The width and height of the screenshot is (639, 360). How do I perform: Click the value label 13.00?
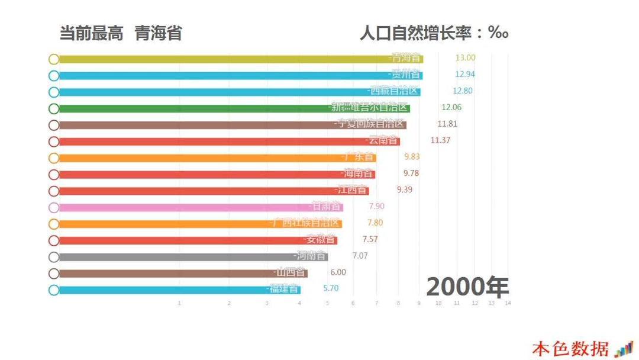(x=465, y=58)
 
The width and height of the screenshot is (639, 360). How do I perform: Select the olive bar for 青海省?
(x=225, y=59)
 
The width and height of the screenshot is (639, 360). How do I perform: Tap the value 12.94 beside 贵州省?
(x=464, y=75)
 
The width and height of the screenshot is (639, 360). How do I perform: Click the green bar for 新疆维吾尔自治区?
(x=195, y=108)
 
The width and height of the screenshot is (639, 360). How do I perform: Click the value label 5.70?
(x=331, y=288)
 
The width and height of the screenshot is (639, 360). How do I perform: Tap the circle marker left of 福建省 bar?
(x=54, y=290)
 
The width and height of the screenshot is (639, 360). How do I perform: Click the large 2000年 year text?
(x=467, y=287)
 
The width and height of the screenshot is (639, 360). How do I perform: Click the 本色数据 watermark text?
(x=570, y=348)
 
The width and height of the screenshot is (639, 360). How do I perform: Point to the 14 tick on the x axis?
(x=508, y=303)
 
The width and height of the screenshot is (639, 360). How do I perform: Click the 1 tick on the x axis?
(x=179, y=303)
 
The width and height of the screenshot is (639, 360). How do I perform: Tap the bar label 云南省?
(x=382, y=140)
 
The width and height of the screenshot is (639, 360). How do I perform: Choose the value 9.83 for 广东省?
(x=412, y=156)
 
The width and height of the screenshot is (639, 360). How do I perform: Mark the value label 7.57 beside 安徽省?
(x=370, y=239)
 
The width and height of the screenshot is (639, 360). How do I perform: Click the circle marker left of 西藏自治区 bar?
(x=54, y=92)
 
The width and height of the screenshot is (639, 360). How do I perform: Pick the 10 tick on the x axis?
(x=438, y=303)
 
